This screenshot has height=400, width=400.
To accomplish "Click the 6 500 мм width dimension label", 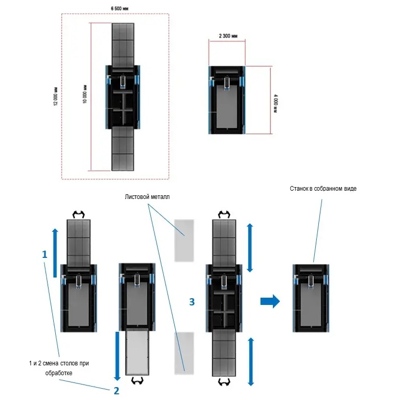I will [120, 8].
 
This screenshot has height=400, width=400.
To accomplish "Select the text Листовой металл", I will [147, 197].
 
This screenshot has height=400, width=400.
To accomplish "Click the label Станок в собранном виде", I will [324, 189].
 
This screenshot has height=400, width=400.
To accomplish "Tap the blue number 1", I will [44, 254].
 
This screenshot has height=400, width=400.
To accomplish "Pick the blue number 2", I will [116, 391].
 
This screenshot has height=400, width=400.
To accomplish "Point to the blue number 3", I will [192, 302].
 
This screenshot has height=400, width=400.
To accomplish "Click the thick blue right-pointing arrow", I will [270, 301].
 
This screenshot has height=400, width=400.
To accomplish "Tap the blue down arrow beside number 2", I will [117, 355].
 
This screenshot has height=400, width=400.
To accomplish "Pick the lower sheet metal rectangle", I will [183, 352].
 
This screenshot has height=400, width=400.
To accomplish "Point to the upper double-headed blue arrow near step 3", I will [251, 247].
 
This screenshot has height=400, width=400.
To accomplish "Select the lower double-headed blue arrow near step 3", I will [251, 361].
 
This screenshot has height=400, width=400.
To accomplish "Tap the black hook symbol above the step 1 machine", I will [79, 213].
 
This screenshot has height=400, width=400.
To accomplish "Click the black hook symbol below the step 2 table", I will [137, 381].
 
